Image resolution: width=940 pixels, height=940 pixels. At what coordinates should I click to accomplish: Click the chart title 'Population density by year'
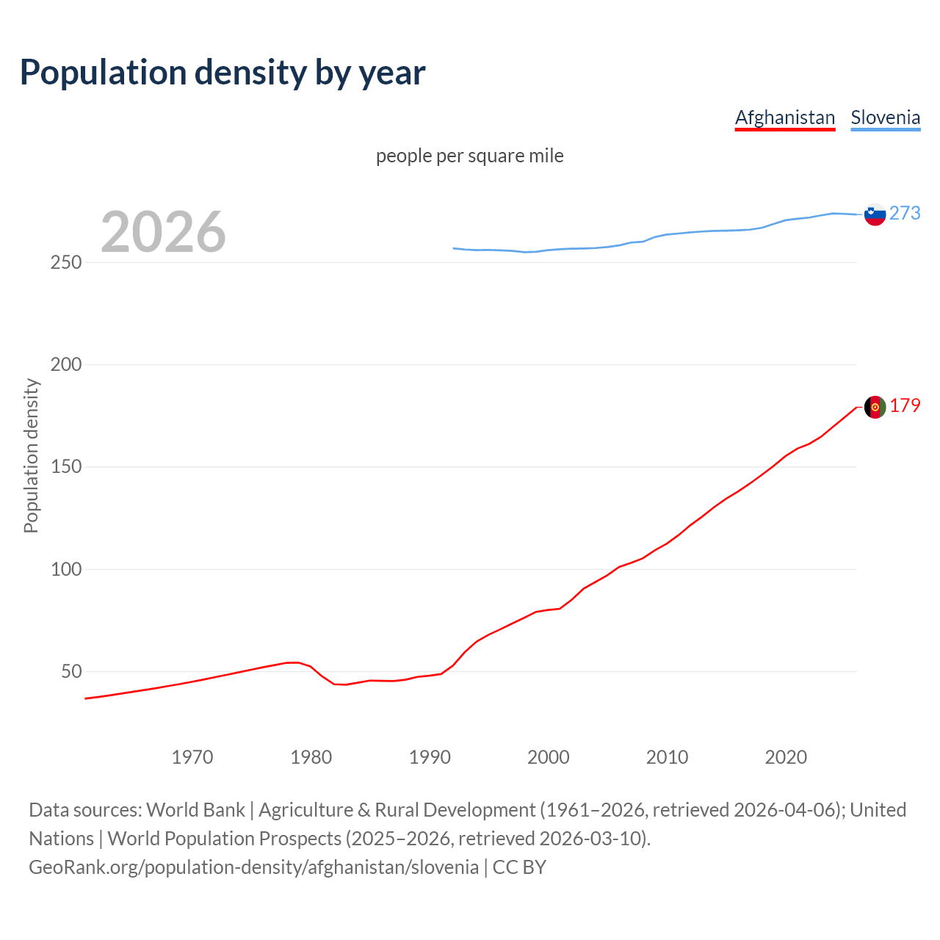223,72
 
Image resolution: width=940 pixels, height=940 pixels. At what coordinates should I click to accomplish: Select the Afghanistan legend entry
785,117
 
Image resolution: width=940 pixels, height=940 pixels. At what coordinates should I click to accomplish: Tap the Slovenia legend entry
885,117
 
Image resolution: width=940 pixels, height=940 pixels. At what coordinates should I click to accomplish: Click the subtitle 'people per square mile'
470,156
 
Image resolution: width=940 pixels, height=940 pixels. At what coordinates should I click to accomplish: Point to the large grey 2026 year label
163,232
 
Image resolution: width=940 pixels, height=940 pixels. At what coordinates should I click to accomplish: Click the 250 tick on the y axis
65,262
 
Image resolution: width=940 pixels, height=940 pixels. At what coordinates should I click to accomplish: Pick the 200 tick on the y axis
65,364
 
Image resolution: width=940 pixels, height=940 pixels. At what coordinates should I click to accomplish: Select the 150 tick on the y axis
65,467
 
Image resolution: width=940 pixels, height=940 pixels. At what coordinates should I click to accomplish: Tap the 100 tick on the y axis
65,569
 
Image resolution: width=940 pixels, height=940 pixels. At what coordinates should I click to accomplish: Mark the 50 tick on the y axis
70,671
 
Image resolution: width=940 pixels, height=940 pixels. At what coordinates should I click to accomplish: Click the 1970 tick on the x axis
192,757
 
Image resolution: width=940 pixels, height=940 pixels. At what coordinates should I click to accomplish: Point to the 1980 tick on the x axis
311,757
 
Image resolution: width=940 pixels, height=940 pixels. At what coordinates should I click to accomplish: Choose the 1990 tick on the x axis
430,757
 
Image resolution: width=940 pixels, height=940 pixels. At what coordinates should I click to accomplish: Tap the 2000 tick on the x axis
549,757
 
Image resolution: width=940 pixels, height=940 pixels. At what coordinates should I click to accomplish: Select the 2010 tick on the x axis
667,757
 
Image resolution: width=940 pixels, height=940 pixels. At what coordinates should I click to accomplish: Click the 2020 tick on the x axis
786,757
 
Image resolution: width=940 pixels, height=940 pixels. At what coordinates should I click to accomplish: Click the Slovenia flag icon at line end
875,214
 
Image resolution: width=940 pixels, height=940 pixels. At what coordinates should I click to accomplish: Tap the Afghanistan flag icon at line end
875,407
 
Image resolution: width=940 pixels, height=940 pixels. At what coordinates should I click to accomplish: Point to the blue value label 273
905,213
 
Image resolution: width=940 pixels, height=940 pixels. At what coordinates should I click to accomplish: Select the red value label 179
905,405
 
